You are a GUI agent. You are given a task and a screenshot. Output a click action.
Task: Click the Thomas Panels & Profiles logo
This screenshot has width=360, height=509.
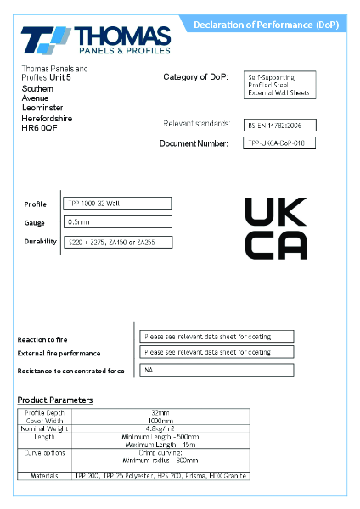[96, 40]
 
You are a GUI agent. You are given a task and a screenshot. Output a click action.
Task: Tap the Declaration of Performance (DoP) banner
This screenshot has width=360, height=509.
[265, 25]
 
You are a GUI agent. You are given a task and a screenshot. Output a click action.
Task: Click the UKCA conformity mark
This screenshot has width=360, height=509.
[275, 227]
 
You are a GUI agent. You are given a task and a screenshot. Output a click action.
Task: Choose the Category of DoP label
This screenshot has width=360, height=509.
[195, 77]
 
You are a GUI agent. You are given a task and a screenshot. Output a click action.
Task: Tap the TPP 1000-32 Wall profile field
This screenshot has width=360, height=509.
[118, 204]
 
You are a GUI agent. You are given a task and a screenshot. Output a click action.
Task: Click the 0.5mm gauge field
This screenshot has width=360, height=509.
[118, 222]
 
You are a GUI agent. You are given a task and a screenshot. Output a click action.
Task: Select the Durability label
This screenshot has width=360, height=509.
[40, 242]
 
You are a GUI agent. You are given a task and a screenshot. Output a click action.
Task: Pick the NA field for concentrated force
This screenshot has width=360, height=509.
[217, 370]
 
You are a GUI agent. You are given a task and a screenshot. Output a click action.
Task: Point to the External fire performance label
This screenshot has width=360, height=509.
[59, 353]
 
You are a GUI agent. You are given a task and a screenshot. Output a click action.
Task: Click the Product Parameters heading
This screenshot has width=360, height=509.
[55, 400]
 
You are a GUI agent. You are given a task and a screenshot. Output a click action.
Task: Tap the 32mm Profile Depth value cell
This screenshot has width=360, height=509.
[160, 413]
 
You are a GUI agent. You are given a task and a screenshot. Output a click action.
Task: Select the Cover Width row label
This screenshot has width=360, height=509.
[44, 421]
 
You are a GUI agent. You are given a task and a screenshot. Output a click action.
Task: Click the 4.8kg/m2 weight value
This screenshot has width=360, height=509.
[160, 428]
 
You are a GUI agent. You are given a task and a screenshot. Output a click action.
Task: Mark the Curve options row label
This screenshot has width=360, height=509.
[44, 453]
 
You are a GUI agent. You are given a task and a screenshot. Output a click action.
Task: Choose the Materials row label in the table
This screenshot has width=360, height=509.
[44, 476]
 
